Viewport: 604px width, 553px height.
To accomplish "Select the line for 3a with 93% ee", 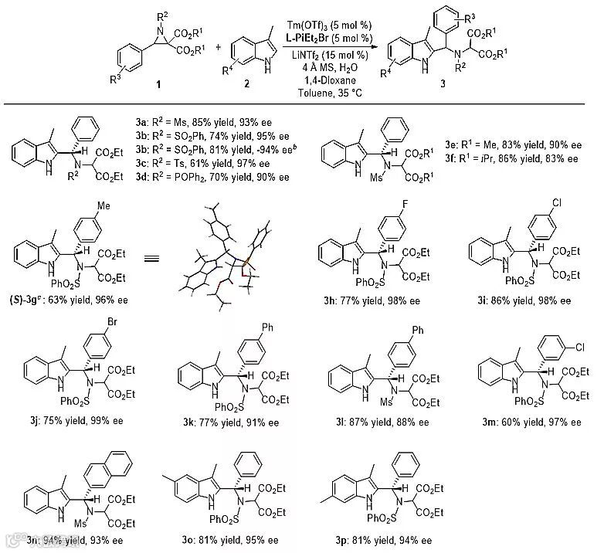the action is (x=209, y=121).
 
